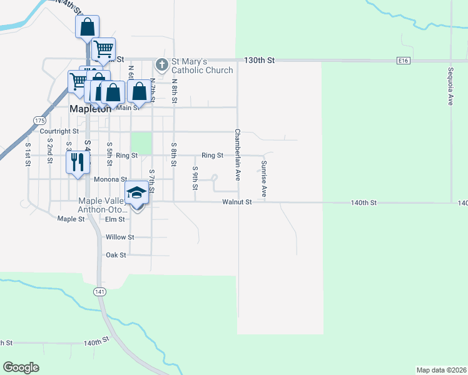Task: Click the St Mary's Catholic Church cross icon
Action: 161,64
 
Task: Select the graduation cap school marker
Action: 136,194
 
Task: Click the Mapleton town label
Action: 89,108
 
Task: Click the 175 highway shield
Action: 39,119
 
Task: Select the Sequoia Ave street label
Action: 450,86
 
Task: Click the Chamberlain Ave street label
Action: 237,155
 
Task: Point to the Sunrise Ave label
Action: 264,179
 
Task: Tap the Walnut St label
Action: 237,202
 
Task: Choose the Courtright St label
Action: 59,132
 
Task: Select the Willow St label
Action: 120,237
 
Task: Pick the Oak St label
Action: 116,255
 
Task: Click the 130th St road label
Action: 259,61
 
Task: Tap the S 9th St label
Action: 195,178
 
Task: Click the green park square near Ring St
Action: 141,143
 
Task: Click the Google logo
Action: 21,367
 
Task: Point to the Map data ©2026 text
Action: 441,369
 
